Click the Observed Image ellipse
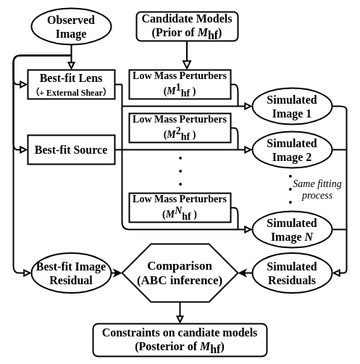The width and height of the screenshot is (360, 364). tap(71, 27)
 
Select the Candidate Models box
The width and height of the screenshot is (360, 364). tap(186, 26)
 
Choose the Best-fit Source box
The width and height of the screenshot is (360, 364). tap(71, 150)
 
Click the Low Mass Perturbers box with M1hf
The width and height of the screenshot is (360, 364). tap(180, 83)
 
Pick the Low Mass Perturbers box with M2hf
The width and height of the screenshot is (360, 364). tap(180, 127)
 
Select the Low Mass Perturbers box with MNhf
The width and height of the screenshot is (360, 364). tap(180, 207)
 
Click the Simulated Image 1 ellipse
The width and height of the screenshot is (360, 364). tap(291, 107)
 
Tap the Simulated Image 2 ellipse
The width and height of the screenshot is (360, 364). tap(291, 150)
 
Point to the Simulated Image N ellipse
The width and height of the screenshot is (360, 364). tap(291, 230)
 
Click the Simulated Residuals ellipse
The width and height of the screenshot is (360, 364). tap(291, 273)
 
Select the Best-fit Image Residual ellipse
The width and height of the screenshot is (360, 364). tap(71, 273)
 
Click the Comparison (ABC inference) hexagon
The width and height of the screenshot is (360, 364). tap(180, 273)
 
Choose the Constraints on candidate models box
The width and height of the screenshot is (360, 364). tap(180, 339)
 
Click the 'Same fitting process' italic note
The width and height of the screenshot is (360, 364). tap(317, 189)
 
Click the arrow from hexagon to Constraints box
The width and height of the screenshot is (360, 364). tap(180, 312)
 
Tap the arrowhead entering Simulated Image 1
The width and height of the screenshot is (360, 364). tap(248, 107)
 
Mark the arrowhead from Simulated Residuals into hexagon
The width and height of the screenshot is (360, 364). tap(243, 273)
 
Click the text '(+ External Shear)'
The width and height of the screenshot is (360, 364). tap(71, 92)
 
